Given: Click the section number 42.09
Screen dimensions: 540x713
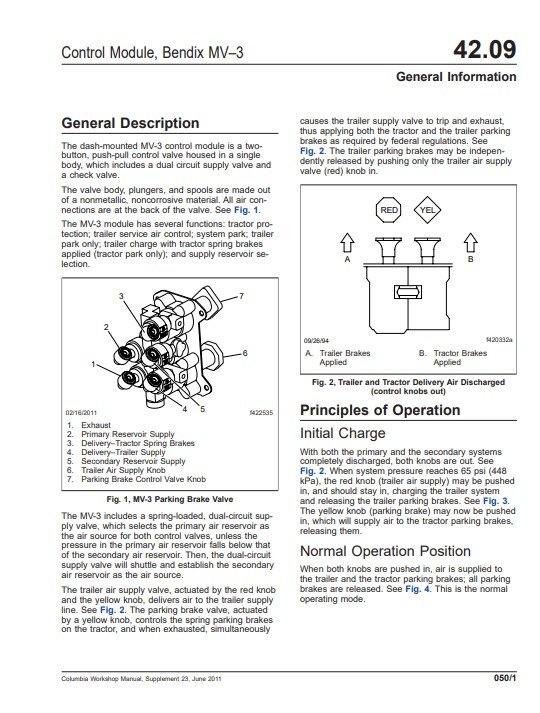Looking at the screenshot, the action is tap(485, 50).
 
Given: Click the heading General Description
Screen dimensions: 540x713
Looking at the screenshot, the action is tap(130, 123).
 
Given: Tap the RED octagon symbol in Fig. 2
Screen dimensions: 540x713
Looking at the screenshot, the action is tap(389, 210).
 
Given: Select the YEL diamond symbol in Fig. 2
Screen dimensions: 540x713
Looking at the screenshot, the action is tap(427, 210).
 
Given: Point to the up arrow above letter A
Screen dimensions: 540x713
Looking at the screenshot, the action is tap(347, 243).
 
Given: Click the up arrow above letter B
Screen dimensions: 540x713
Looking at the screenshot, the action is tap(470, 243).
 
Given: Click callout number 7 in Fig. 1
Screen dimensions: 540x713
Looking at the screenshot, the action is tap(242, 296).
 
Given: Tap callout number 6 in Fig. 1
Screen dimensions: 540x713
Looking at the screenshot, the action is tap(245, 353).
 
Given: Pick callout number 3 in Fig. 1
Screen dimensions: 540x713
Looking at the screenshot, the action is tap(121, 296).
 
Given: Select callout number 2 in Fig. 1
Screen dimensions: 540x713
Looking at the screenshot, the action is tap(106, 327).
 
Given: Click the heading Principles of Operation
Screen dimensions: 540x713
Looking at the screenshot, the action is tap(380, 410).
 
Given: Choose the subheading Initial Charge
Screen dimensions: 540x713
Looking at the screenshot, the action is tap(343, 433).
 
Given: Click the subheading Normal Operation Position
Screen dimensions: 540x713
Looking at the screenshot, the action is tap(385, 551).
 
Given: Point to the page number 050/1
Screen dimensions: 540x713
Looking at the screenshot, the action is tap(505, 678).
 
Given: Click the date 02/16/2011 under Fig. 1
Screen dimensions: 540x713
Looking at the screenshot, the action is tap(81, 413).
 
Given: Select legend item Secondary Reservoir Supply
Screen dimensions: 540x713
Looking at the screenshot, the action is tap(133, 461).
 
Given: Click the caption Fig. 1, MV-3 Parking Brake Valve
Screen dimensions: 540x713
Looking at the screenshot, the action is tap(170, 499).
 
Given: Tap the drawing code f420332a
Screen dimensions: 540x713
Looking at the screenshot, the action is tap(499, 340).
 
